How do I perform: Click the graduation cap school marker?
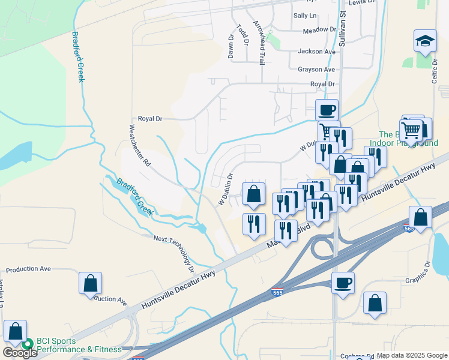tap(425, 41)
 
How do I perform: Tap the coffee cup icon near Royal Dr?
tap(327, 110)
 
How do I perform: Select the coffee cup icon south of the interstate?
tap(343, 283)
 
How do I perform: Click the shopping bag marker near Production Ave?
tap(90, 283)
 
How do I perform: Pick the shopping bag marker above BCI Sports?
tap(15, 331)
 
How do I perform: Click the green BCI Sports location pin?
tap(27, 344)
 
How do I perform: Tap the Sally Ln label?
tap(304, 15)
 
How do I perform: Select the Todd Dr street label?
tap(243, 35)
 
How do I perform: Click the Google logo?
tap(20, 353)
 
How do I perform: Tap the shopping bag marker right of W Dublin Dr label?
tap(253, 193)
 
